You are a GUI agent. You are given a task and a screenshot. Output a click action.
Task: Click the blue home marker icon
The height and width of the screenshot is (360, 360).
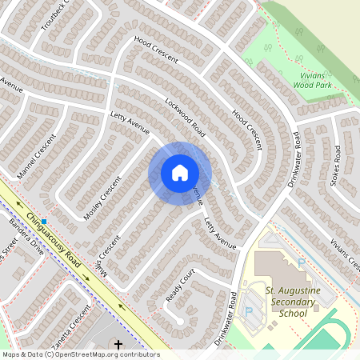180,172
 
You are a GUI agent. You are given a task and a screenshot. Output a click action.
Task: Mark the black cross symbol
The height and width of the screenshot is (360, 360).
118,344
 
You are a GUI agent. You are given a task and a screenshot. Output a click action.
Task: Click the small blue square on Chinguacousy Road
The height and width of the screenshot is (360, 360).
46,220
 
